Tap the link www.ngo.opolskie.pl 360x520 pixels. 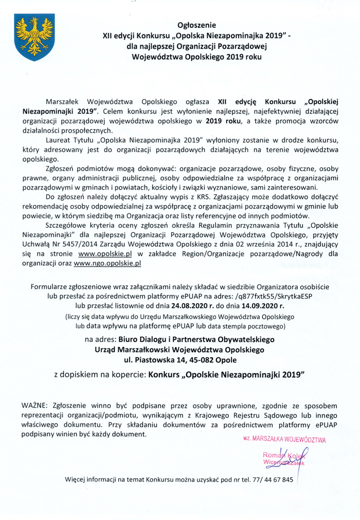tap(107, 263)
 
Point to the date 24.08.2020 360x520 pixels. tap(162, 305)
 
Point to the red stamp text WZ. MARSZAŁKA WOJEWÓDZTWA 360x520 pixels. tap(284, 440)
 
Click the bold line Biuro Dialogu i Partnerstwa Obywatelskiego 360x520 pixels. tap(197, 339)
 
